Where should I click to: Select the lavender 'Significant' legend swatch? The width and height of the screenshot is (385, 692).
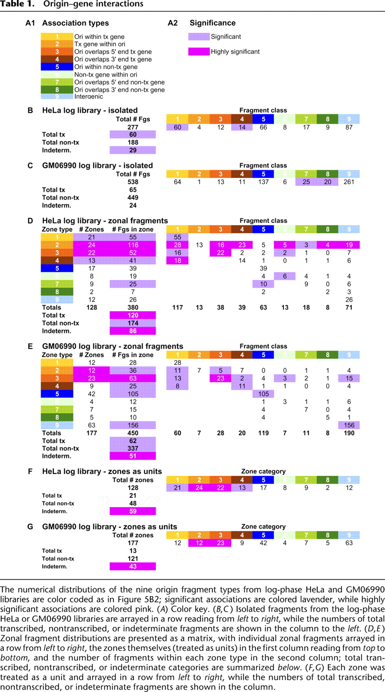tap(199, 37)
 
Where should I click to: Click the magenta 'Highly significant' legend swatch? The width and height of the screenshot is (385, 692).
tap(199, 51)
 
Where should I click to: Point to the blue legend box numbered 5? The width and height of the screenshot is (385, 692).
tap(57, 67)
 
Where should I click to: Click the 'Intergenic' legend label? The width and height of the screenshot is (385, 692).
tap(89, 96)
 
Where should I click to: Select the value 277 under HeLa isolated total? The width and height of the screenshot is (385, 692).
tap(133, 127)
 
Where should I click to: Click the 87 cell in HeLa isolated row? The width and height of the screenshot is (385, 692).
tap(349, 127)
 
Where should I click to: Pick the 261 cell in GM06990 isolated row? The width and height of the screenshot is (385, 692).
tap(349, 182)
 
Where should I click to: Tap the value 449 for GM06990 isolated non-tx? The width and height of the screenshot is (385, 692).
tap(133, 197)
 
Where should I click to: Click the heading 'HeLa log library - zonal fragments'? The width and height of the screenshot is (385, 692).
tap(105, 221)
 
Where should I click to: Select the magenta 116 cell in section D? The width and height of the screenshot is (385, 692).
tap(133, 245)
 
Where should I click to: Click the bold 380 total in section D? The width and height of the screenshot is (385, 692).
tap(133, 308)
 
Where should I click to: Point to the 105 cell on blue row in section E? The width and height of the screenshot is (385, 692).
tap(263, 394)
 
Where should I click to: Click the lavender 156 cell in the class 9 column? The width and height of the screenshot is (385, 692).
tap(349, 425)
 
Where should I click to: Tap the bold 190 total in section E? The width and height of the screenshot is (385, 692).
tap(349, 433)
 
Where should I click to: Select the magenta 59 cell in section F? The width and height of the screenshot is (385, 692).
tap(133, 511)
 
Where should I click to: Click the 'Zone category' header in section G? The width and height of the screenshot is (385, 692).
tap(263, 527)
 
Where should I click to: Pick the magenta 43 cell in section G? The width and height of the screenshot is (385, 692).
tap(133, 566)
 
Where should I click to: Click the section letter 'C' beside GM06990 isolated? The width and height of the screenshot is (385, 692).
tap(30, 165)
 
